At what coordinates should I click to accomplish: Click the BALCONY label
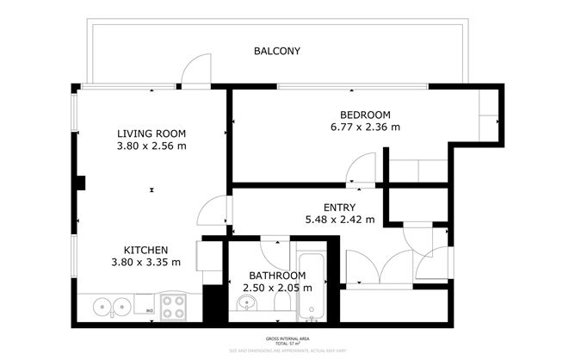click(277, 51)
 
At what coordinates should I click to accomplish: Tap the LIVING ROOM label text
click(151, 133)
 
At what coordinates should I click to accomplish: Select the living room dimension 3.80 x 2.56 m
click(151, 146)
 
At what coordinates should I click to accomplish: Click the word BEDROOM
click(365, 115)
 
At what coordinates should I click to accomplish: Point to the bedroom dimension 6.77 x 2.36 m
click(365, 127)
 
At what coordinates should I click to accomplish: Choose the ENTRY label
click(339, 207)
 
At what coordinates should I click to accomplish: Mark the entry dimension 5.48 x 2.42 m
click(339, 219)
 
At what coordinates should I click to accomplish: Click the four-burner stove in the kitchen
click(175, 306)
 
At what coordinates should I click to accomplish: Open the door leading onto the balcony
click(196, 71)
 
